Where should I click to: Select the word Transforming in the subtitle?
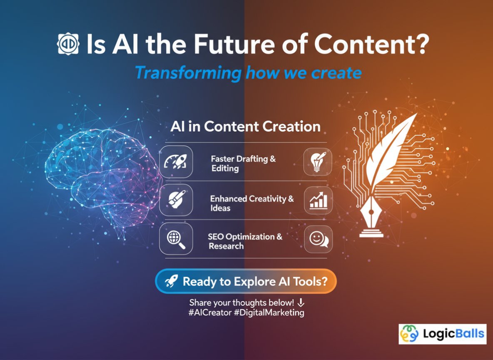click(x=188, y=72)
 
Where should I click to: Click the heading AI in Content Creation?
click(x=245, y=127)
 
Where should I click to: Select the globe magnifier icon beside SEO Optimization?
click(x=176, y=239)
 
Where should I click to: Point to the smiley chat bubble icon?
click(x=318, y=239)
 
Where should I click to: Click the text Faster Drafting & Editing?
click(x=243, y=164)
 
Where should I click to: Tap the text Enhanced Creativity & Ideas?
click(x=251, y=203)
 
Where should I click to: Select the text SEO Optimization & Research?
click(x=245, y=241)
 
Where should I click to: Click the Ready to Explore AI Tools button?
click(x=246, y=281)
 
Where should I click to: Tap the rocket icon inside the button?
click(x=171, y=282)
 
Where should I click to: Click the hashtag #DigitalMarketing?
click(x=269, y=312)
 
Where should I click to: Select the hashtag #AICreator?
click(x=209, y=312)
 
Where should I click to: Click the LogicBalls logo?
click(x=442, y=334)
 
